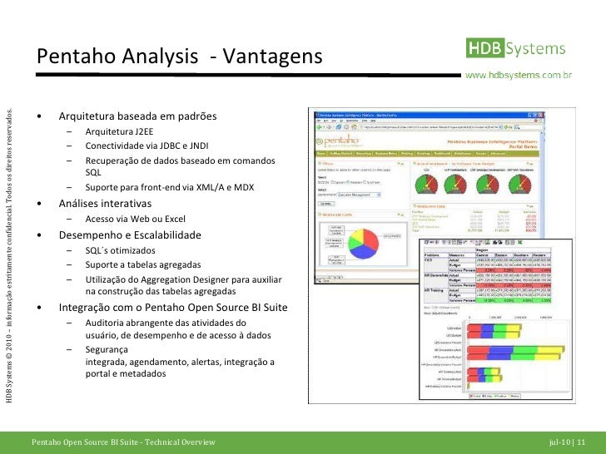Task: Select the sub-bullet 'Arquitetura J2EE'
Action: click(119, 131)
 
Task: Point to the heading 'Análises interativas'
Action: click(105, 204)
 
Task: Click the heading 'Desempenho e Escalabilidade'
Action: click(129, 235)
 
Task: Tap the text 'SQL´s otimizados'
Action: click(122, 250)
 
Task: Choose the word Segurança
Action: click(107, 350)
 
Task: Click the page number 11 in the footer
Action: click(580, 442)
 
